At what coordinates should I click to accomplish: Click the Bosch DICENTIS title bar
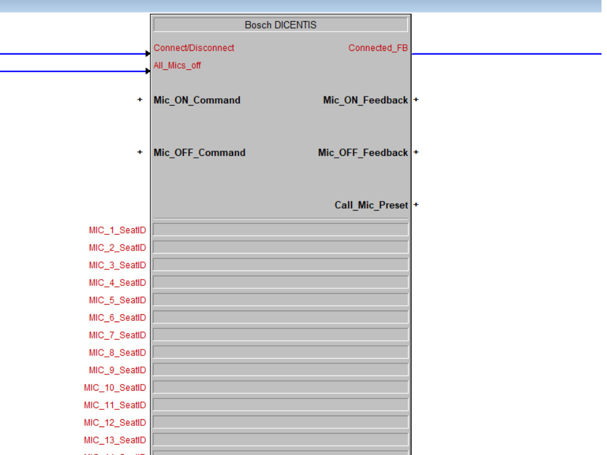pos(280,25)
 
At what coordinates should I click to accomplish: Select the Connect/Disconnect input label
pos(194,48)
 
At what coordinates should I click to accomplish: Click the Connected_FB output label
pos(378,48)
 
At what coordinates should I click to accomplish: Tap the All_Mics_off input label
pos(177,66)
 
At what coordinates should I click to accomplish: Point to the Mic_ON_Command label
pos(197,100)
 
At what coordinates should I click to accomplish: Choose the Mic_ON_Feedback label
pos(365,100)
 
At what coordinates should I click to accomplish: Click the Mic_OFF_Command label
pos(200,153)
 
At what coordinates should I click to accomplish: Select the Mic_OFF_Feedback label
pos(363,153)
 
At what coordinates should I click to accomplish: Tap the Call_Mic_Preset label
pos(371,205)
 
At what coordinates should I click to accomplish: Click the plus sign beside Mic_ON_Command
pos(140,99)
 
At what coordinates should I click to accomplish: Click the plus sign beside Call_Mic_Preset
pos(416,205)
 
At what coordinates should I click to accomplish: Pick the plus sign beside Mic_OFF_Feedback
pos(416,152)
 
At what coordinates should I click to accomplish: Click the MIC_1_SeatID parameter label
pos(117,231)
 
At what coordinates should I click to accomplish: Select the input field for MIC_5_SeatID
pos(280,300)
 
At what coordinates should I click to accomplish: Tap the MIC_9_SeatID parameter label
pos(117,370)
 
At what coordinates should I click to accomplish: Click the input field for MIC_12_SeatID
pos(280,422)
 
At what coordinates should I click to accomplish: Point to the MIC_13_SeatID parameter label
pos(115,440)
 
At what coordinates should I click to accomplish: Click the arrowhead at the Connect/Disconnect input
pos(148,54)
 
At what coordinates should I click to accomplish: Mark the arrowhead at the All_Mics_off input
pos(148,71)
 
